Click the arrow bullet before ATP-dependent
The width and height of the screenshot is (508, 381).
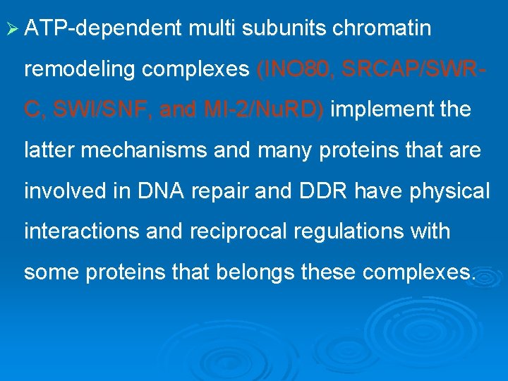click(12, 29)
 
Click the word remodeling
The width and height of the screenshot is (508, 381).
click(74, 70)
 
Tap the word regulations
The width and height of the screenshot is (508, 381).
click(357, 231)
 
